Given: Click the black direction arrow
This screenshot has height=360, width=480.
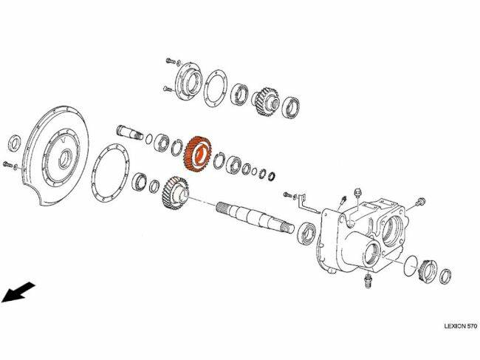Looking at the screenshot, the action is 18,292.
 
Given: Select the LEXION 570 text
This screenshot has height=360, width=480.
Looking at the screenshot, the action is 460,326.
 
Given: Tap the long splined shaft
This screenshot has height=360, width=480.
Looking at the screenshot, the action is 255,217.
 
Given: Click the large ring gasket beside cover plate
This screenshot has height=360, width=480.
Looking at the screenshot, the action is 109,172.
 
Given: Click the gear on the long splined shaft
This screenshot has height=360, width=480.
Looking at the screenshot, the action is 174,194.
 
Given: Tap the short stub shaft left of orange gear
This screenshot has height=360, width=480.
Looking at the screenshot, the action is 130,132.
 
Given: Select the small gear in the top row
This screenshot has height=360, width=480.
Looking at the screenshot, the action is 266,101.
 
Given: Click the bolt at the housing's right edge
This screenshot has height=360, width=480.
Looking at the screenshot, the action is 419,202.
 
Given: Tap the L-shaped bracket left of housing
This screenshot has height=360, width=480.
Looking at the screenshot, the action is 308,203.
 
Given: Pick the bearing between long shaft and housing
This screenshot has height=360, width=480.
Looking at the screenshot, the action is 306,233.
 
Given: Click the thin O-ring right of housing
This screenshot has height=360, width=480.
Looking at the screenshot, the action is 411,265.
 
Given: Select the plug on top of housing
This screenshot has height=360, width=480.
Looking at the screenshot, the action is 357,195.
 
